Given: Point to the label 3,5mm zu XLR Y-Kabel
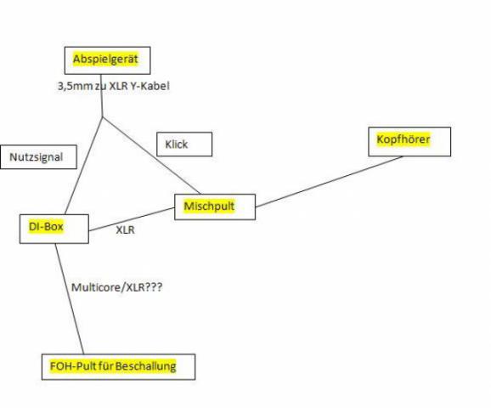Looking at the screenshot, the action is point(113,86).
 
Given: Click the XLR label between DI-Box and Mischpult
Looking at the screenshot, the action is point(125,230).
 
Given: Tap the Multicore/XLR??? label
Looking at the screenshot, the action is point(116,287).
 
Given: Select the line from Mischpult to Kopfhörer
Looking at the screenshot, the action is point(329,182).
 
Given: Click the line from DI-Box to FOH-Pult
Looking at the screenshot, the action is point(70,298).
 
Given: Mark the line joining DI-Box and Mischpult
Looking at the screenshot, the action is point(132,219).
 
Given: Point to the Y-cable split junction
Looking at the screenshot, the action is point(103,117).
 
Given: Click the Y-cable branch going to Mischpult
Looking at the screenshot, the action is point(151,156).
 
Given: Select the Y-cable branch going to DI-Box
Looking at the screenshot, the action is point(83,166).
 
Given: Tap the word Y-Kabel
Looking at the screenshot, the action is point(150,86).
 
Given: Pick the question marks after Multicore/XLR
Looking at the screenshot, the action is point(154,286).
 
